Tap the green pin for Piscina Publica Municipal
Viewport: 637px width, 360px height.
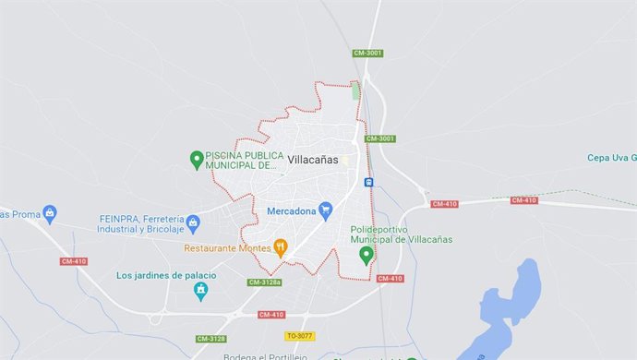pyautogui.click(x=196, y=160)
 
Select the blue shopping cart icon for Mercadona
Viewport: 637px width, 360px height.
pyautogui.click(x=325, y=211)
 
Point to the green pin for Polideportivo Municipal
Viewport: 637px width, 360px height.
pyautogui.click(x=367, y=254)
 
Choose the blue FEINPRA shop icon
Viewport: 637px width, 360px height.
pyautogui.click(x=193, y=222)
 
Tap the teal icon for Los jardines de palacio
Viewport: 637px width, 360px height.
pyautogui.click(x=200, y=291)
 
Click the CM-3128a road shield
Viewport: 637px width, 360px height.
pyautogui.click(x=265, y=282)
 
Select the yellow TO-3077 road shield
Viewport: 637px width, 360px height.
pyautogui.click(x=301, y=336)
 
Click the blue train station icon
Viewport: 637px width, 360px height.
pyautogui.click(x=369, y=182)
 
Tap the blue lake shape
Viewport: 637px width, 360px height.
pyautogui.click(x=509, y=305)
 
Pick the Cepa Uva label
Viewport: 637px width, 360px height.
pyautogui.click(x=611, y=158)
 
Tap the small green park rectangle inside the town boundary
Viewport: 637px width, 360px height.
pyautogui.click(x=356, y=90)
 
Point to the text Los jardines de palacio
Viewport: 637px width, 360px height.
pyautogui.click(x=166, y=276)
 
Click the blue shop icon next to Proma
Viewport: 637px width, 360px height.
pyautogui.click(x=50, y=214)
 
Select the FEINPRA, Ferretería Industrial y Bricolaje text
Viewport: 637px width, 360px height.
pyautogui.click(x=141, y=222)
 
